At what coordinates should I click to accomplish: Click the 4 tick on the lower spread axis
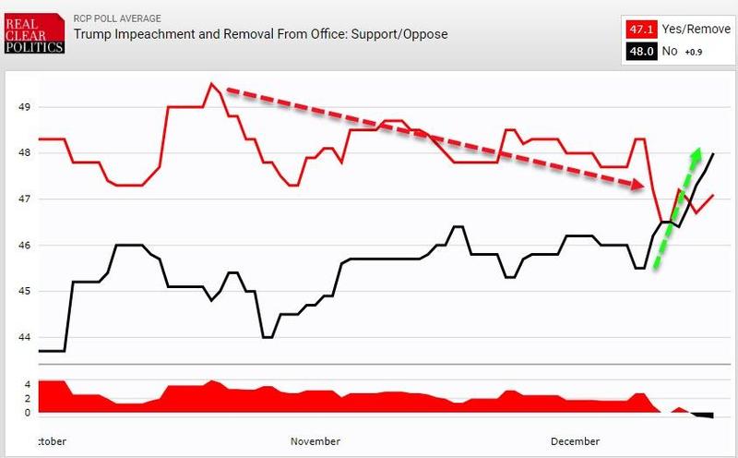click(28, 384)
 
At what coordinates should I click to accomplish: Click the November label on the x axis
click(315, 441)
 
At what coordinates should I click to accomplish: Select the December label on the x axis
click(576, 441)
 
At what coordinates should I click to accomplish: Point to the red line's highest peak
click(211, 84)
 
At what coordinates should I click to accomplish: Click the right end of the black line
click(713, 153)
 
